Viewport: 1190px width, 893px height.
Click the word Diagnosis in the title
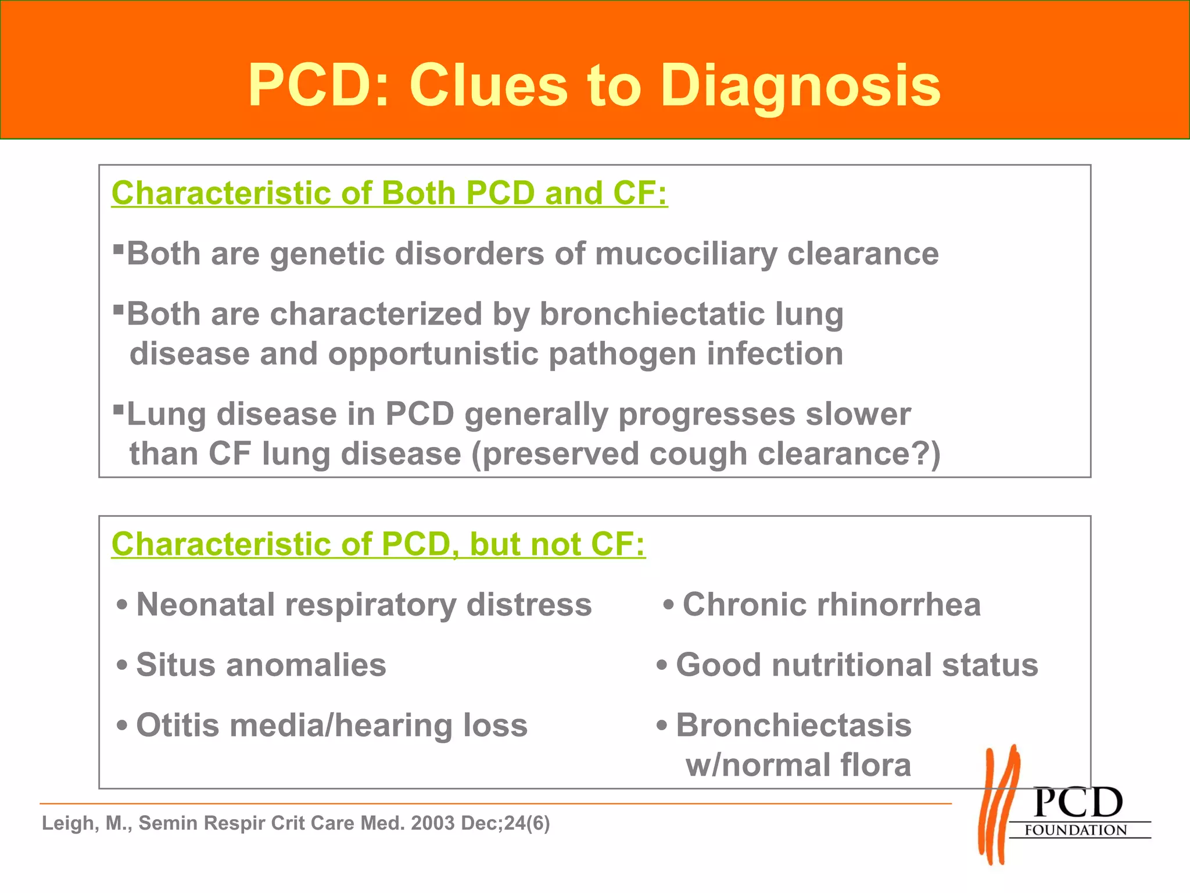pos(800,86)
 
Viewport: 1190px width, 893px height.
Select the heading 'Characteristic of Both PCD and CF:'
pos(389,193)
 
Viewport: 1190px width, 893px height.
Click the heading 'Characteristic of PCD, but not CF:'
pos(378,544)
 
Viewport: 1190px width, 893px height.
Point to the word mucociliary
pos(686,254)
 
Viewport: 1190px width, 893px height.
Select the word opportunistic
pos(433,354)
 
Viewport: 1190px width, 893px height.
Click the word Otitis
pos(177,726)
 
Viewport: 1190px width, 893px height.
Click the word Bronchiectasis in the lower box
pos(794,726)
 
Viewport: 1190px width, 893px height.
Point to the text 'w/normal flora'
pos(798,765)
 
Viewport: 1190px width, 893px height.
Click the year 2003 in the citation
pos(433,823)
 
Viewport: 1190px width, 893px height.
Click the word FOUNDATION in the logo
pos(1076,830)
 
